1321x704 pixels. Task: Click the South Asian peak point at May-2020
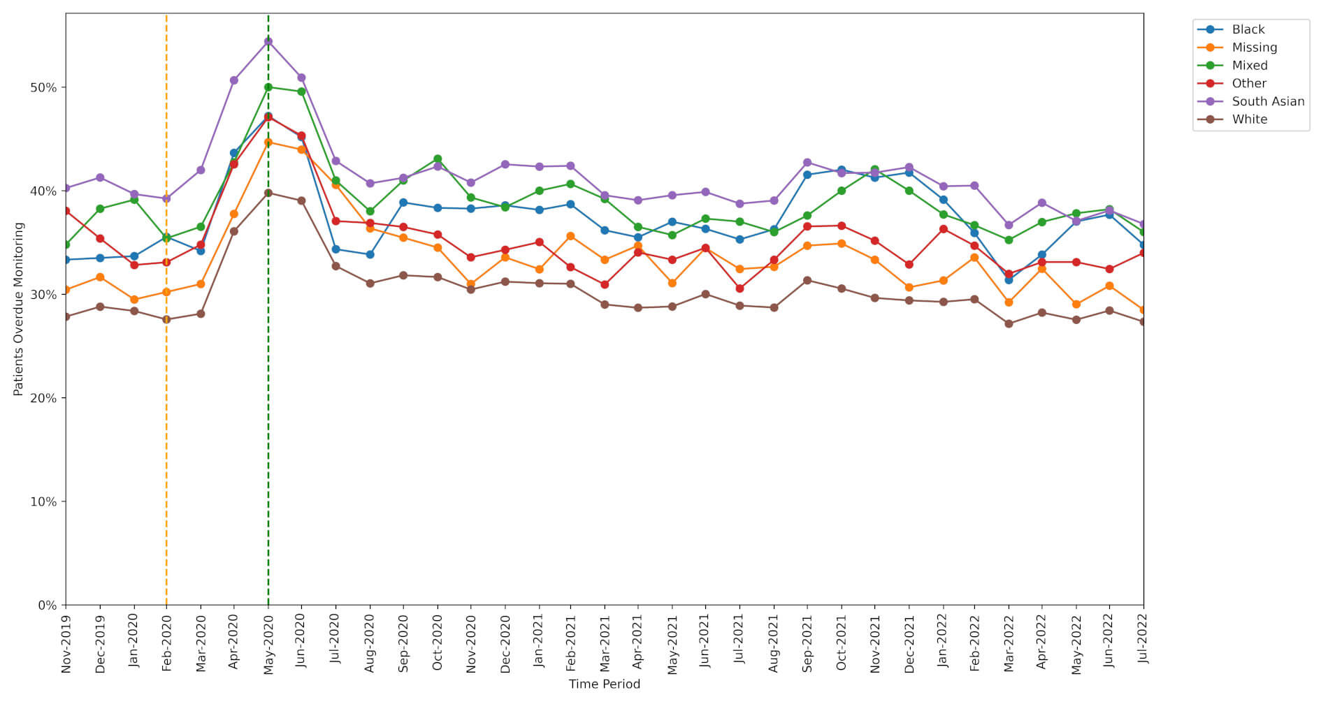[268, 42]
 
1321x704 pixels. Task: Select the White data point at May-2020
[268, 193]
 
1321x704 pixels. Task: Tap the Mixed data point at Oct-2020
[438, 159]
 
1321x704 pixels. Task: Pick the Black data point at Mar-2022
[1009, 280]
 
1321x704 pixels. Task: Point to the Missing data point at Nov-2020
[471, 284]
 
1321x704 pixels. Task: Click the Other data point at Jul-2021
[739, 288]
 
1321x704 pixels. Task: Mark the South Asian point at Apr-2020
[234, 80]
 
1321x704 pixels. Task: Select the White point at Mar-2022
[1009, 324]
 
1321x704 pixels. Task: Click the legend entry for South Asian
[1267, 101]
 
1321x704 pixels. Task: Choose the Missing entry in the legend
[1254, 47]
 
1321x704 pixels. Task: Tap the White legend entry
[1249, 119]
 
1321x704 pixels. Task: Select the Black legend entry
[1248, 29]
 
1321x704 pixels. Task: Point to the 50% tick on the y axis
[43, 88]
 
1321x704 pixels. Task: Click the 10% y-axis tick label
[43, 502]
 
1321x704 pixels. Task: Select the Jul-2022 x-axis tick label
[1143, 638]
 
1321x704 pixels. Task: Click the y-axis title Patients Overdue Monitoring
[19, 309]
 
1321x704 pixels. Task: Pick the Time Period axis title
[604, 684]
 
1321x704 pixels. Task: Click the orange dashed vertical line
[166, 419]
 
